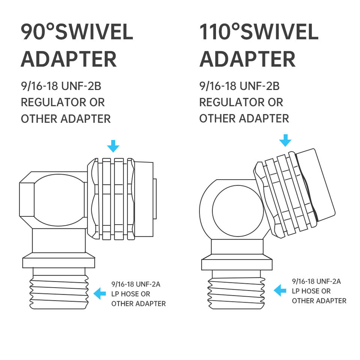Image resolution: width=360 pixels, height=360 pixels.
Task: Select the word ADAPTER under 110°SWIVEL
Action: coord(247,59)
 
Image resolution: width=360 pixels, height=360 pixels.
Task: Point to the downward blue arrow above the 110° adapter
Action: coord(285,140)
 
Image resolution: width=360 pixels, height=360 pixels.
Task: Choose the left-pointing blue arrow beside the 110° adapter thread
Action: coord(280,290)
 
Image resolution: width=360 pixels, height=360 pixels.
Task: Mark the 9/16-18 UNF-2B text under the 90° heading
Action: coord(61,86)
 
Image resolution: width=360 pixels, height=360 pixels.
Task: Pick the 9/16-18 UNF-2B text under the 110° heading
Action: coord(240,86)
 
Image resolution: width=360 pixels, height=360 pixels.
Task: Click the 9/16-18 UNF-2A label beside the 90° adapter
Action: coord(136,284)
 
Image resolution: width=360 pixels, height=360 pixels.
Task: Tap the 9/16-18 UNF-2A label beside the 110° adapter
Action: coord(316,281)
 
